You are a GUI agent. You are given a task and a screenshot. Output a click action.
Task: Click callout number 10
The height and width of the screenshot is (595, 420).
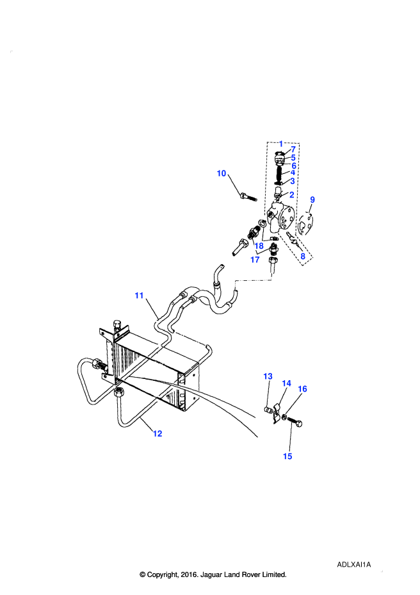click(222, 173)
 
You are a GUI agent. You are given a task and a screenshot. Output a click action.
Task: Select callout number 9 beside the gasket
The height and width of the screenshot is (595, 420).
click(312, 199)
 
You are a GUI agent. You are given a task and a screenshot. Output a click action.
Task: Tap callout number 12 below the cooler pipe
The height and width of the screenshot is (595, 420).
click(157, 433)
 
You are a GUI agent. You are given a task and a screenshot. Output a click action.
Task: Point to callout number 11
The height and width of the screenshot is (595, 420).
click(139, 295)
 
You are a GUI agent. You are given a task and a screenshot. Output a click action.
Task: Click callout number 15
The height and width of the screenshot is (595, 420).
click(287, 456)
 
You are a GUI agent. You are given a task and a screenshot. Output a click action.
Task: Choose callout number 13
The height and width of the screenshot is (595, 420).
click(268, 376)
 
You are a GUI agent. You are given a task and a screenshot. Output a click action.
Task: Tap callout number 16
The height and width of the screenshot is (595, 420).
click(302, 389)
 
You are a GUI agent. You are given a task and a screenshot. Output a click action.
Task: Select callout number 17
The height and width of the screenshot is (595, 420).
click(255, 260)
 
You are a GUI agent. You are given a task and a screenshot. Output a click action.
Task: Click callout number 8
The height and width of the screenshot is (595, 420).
click(303, 256)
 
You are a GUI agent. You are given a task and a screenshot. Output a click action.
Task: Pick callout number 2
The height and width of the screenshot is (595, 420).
click(291, 195)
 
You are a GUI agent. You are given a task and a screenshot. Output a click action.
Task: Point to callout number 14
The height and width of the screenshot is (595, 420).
click(287, 383)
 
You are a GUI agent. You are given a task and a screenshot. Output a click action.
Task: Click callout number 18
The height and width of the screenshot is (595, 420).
click(259, 246)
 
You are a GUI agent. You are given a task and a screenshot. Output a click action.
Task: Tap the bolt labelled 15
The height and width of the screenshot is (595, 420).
click(295, 422)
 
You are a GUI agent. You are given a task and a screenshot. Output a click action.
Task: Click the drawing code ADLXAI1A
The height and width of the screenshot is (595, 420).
click(354, 564)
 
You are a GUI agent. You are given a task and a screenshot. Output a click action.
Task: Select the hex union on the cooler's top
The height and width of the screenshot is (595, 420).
click(117, 326)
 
